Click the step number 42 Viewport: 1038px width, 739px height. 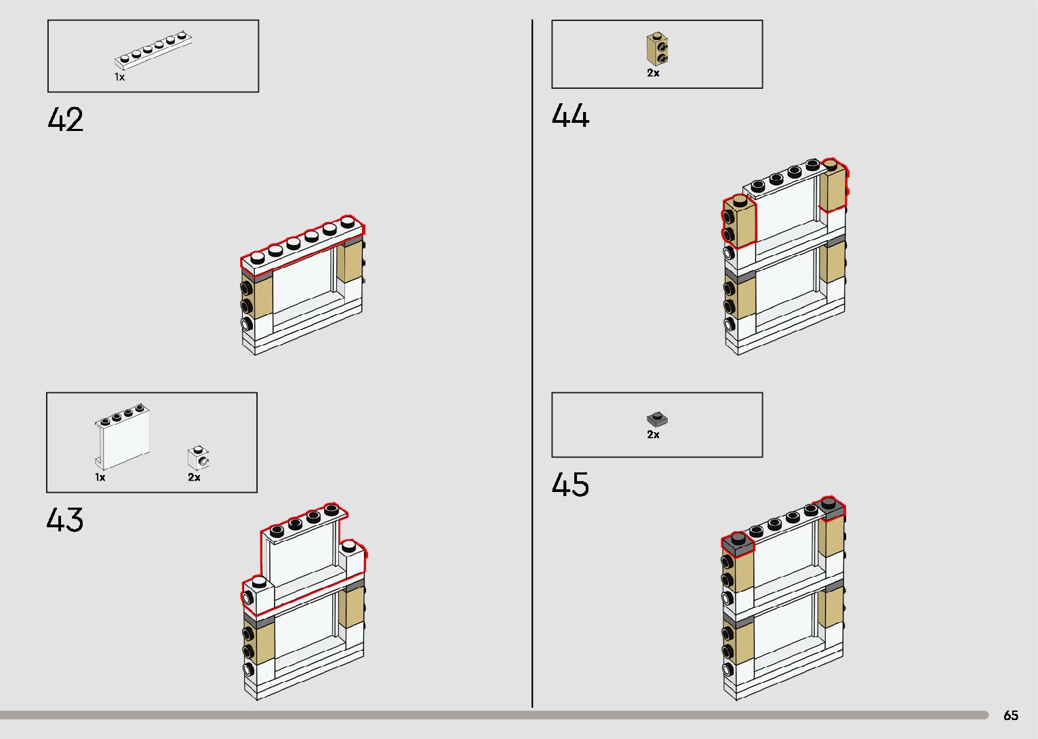tap(66, 120)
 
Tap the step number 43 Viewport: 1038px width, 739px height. tap(65, 520)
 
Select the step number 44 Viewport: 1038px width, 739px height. tap(570, 115)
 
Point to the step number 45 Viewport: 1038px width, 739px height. tap(570, 485)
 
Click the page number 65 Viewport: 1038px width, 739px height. tap(1010, 715)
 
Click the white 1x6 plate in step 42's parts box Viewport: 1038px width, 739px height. tap(155, 50)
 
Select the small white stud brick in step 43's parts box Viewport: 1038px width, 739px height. tap(198, 458)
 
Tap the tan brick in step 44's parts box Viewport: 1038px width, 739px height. tap(656, 48)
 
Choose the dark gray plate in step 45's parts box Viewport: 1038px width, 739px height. tap(656, 419)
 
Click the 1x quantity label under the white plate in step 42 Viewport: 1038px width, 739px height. tap(119, 77)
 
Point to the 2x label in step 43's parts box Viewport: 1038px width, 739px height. tap(194, 477)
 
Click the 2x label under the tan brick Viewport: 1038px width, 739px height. tap(653, 73)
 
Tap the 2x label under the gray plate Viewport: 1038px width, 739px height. tap(653, 434)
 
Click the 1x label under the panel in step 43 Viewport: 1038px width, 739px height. tap(100, 477)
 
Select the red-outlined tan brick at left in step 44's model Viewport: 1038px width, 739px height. tap(739, 221)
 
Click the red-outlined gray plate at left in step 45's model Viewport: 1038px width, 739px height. tap(738, 542)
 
